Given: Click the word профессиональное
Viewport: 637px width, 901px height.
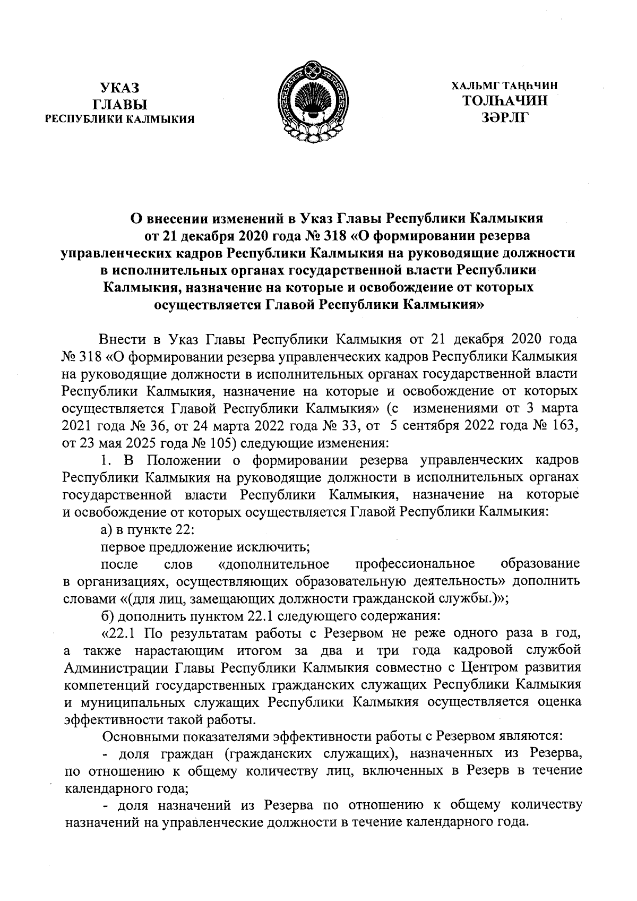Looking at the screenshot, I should tap(415, 563).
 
